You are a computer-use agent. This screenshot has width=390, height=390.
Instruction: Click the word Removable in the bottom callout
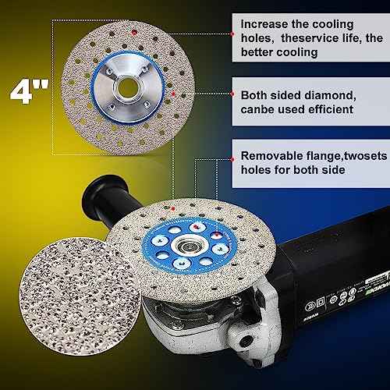coord(274,155)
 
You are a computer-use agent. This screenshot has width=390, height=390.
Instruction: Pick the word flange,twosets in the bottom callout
coord(342,155)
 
